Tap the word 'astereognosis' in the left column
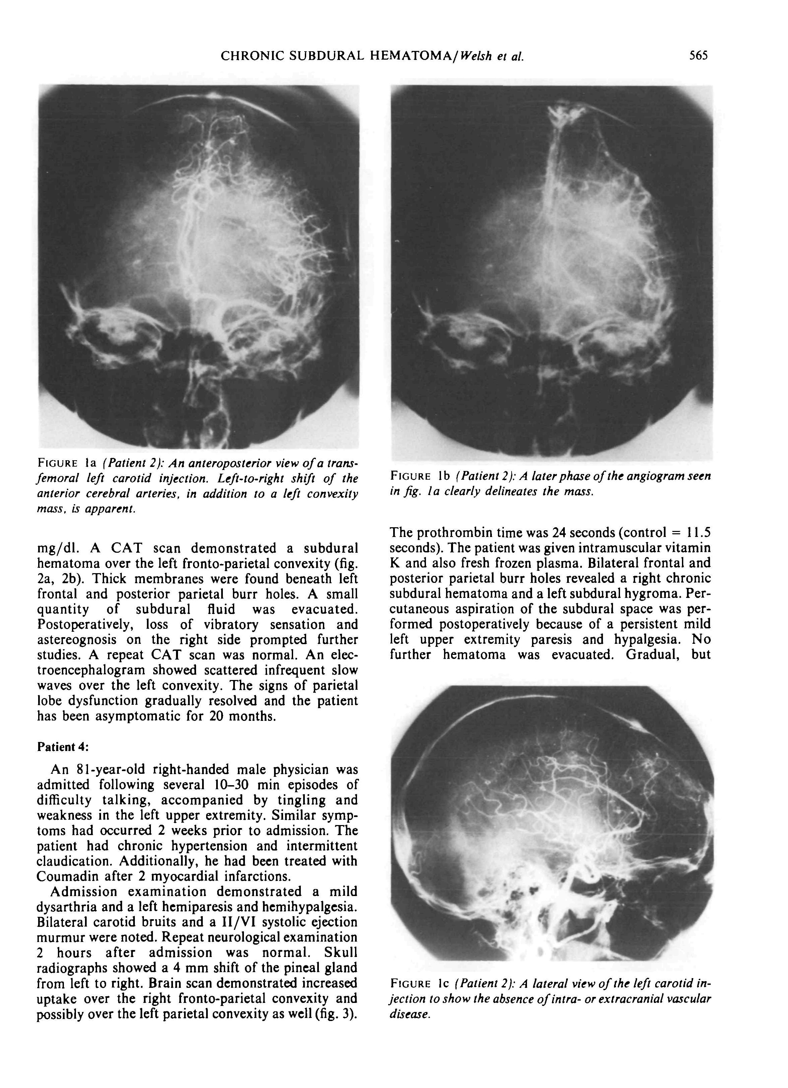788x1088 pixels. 77,640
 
